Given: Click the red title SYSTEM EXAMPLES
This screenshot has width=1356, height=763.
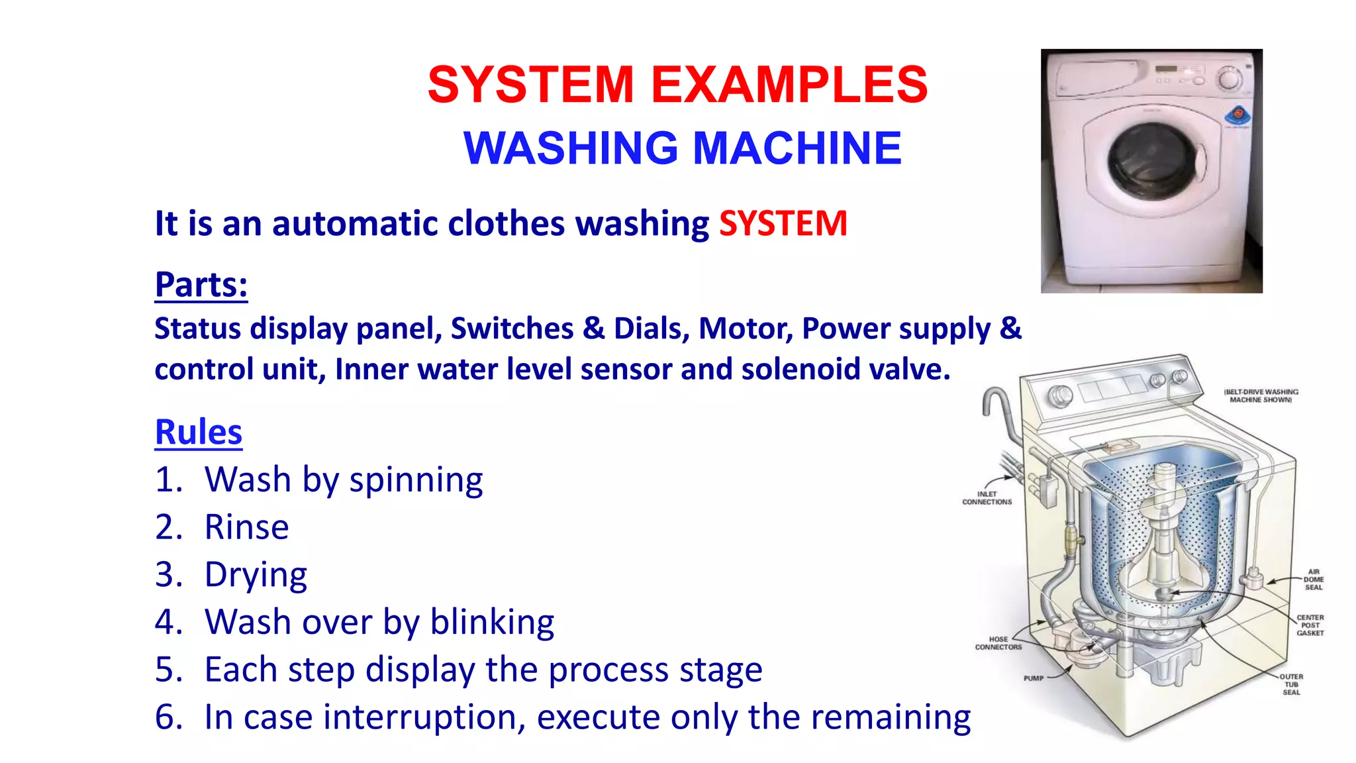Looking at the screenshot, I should point(677,85).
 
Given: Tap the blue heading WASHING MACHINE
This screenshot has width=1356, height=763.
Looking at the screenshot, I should point(682,148).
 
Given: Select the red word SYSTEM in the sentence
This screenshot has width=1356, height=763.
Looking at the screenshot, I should point(783,223).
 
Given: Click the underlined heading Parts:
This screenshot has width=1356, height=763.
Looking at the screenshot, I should point(201,285).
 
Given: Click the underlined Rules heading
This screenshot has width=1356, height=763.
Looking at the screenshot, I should point(199,432).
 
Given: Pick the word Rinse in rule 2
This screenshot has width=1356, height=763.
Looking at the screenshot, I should point(246,527).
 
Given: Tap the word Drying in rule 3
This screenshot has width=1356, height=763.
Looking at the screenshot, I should point(256,575).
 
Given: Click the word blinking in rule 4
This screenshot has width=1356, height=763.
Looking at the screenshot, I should point(491,622).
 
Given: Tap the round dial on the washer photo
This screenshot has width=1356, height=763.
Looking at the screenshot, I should point(1229,79).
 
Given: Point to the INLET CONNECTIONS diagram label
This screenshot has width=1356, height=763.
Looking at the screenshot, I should point(987,498).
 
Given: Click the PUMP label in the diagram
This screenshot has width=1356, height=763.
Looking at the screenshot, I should point(1033,678).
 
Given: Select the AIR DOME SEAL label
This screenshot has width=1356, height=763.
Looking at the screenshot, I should point(1313,580).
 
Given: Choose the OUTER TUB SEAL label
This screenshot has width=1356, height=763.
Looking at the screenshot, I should point(1291,684).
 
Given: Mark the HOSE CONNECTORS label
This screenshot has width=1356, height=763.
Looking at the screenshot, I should point(998,643).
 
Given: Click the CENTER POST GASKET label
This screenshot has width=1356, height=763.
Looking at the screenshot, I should point(1310,625).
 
